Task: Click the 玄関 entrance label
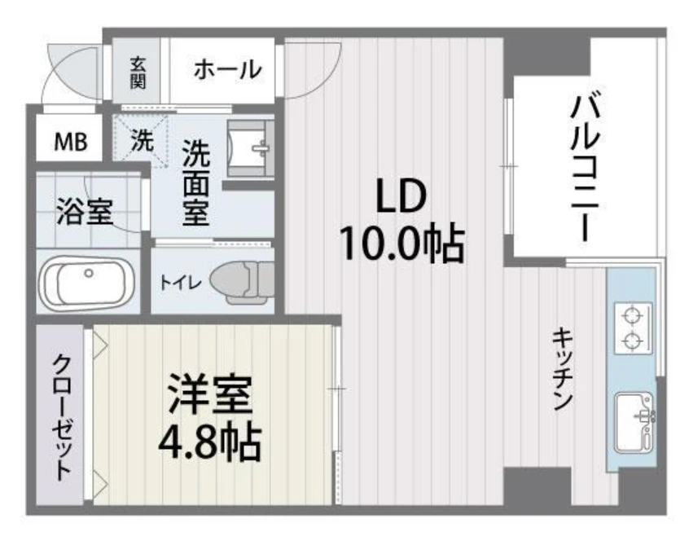[138, 71]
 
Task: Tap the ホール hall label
[227, 70]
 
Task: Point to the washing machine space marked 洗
[141, 140]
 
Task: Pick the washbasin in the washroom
[250, 148]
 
